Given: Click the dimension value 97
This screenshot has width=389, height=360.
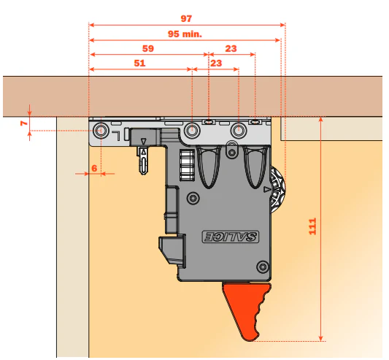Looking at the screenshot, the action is [186, 19].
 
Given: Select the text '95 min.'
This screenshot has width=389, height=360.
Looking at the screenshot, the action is [185, 34].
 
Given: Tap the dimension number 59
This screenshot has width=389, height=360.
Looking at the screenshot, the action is [148, 48].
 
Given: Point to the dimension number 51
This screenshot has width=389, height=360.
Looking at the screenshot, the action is [139, 63].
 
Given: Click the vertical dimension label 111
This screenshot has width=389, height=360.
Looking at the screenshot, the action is [312, 226].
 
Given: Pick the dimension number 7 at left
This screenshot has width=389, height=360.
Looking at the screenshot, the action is [24, 123].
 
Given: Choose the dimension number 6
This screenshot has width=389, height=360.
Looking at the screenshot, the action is [94, 169].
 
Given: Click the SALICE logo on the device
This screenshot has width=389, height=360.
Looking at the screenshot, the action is [231, 237].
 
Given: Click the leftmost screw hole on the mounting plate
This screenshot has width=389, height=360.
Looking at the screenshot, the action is [101, 130].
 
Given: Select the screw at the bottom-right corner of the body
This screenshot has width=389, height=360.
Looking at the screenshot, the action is [263, 267].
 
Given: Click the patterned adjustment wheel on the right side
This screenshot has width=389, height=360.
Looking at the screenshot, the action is [278, 190].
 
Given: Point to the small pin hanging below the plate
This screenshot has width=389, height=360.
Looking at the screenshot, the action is [143, 160].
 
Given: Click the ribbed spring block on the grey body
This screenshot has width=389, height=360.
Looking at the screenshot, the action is [187, 165].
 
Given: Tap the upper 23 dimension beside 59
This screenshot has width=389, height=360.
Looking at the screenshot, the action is [231, 48].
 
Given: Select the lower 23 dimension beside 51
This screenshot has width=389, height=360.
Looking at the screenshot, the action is [216, 63].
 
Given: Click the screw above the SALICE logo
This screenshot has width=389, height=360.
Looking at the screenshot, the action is [193, 198].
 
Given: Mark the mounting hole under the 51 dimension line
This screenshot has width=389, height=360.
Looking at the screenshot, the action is [192, 130].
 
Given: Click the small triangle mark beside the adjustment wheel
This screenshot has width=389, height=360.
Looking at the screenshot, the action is [266, 190].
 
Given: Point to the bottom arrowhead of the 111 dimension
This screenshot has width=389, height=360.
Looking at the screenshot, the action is [320, 338].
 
